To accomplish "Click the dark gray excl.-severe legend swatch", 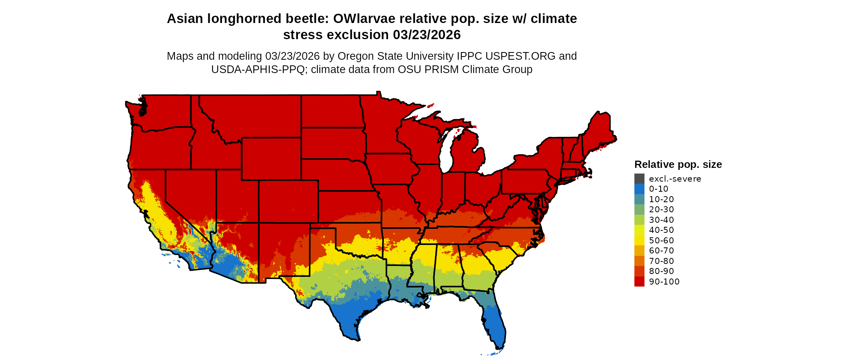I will [639, 178].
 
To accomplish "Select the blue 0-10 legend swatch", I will [639, 189].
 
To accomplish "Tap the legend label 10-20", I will [661, 199].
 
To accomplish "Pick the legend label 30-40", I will [661, 220].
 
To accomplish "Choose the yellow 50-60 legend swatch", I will [639, 240].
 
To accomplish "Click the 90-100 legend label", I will [664, 282].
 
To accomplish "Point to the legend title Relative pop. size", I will [678, 164].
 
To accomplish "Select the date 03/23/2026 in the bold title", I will [427, 35].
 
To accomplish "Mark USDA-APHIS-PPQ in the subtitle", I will [258, 69].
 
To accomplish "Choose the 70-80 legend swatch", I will [639, 261].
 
